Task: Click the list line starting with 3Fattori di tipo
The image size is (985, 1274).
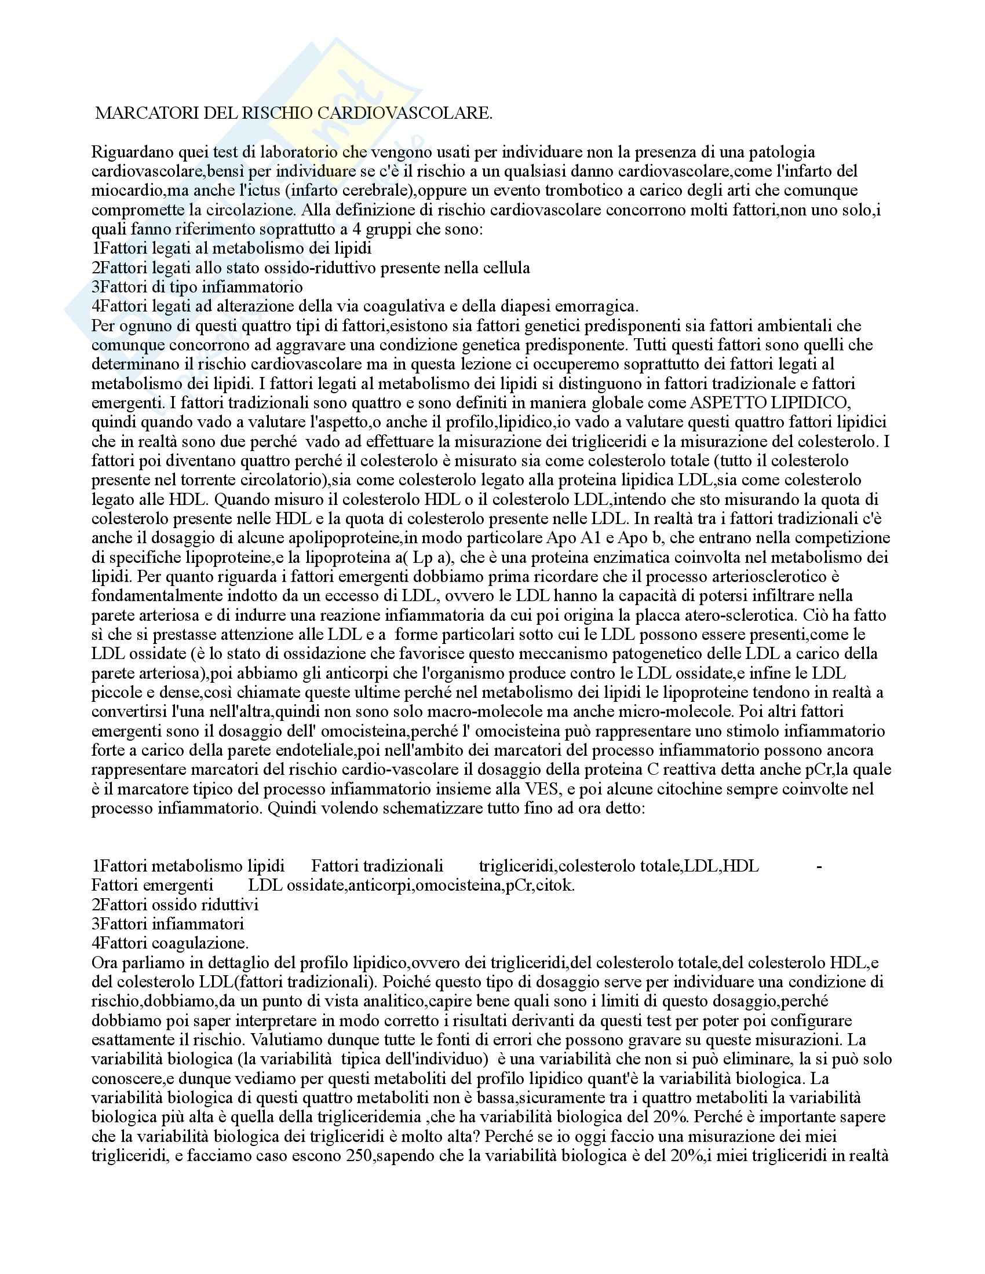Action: (x=197, y=287)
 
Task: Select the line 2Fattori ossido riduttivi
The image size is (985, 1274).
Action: (x=175, y=904)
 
